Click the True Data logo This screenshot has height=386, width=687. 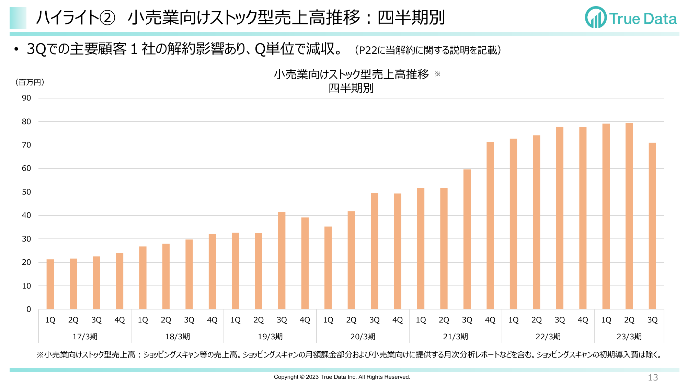pos(631,18)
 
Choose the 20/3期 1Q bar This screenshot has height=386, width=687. pos(328,268)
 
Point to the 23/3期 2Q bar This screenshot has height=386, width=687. pos(629,216)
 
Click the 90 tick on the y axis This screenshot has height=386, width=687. pos(26,98)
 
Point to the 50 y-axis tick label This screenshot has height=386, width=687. pos(26,192)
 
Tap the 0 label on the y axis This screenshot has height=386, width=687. pos(29,309)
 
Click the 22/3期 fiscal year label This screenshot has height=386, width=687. pos(548,337)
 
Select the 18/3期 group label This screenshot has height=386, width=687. pos(178,337)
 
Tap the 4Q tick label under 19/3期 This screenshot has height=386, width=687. pos(305,320)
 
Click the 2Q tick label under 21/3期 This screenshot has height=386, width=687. pos(444,320)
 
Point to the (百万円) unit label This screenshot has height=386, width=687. pos(30,82)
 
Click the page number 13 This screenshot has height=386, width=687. pos(653,377)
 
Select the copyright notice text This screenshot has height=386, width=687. pos(342,377)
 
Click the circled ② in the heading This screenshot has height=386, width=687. pos(107,18)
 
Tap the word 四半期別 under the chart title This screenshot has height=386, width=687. pos(351,88)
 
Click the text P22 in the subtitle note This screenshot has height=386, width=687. pos(368,50)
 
